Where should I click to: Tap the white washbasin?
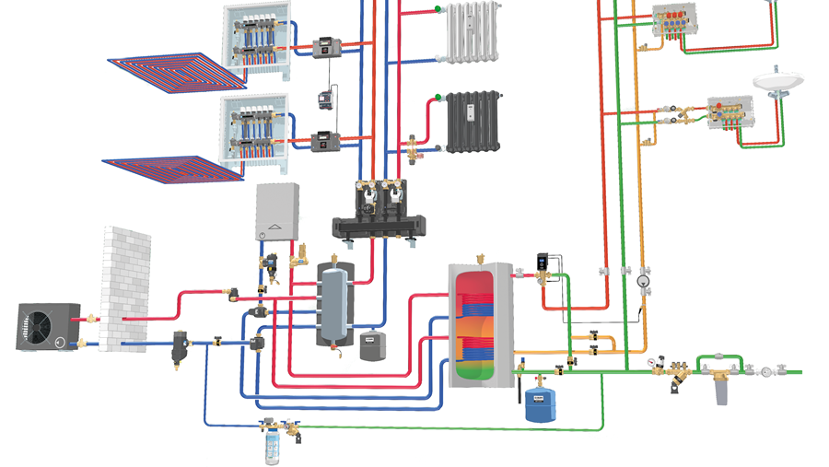780,81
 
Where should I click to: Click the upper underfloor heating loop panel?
174,70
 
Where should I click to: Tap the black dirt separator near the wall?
178,348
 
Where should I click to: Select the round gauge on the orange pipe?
642,274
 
